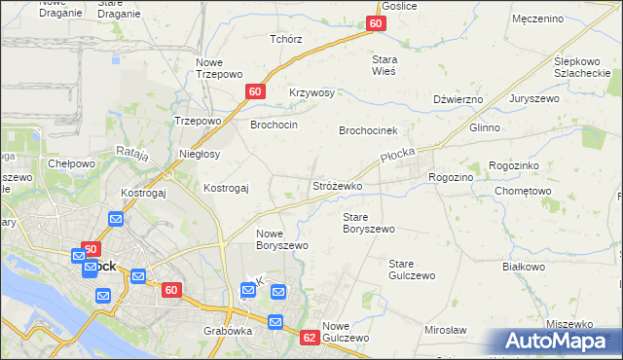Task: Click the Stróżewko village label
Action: tap(337, 185)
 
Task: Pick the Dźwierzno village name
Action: tap(458, 99)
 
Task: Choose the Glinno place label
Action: tap(484, 127)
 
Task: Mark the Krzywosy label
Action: tap(311, 93)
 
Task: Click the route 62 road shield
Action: tap(310, 338)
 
